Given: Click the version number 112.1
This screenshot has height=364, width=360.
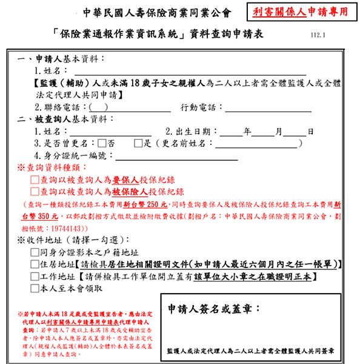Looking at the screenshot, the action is (317, 35).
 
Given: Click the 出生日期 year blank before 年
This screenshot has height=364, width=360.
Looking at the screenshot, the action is (230, 132).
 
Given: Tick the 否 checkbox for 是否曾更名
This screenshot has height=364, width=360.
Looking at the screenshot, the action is (101, 144).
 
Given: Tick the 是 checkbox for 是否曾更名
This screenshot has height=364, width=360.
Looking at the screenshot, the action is (138, 144).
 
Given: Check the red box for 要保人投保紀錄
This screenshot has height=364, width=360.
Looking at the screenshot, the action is (35, 180).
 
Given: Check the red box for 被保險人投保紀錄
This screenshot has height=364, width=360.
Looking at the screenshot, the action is (35, 192).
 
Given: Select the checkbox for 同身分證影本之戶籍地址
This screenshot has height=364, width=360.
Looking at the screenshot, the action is (35, 252).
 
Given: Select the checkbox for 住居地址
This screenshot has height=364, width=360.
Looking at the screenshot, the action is (35, 265).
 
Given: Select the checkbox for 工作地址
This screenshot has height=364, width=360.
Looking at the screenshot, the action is (35, 276).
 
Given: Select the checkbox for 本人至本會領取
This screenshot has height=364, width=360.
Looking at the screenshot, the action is (35, 288).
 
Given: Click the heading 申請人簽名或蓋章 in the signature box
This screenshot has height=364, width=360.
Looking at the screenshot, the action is (213, 308).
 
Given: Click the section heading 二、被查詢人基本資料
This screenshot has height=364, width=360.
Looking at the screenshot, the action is (61, 119).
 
